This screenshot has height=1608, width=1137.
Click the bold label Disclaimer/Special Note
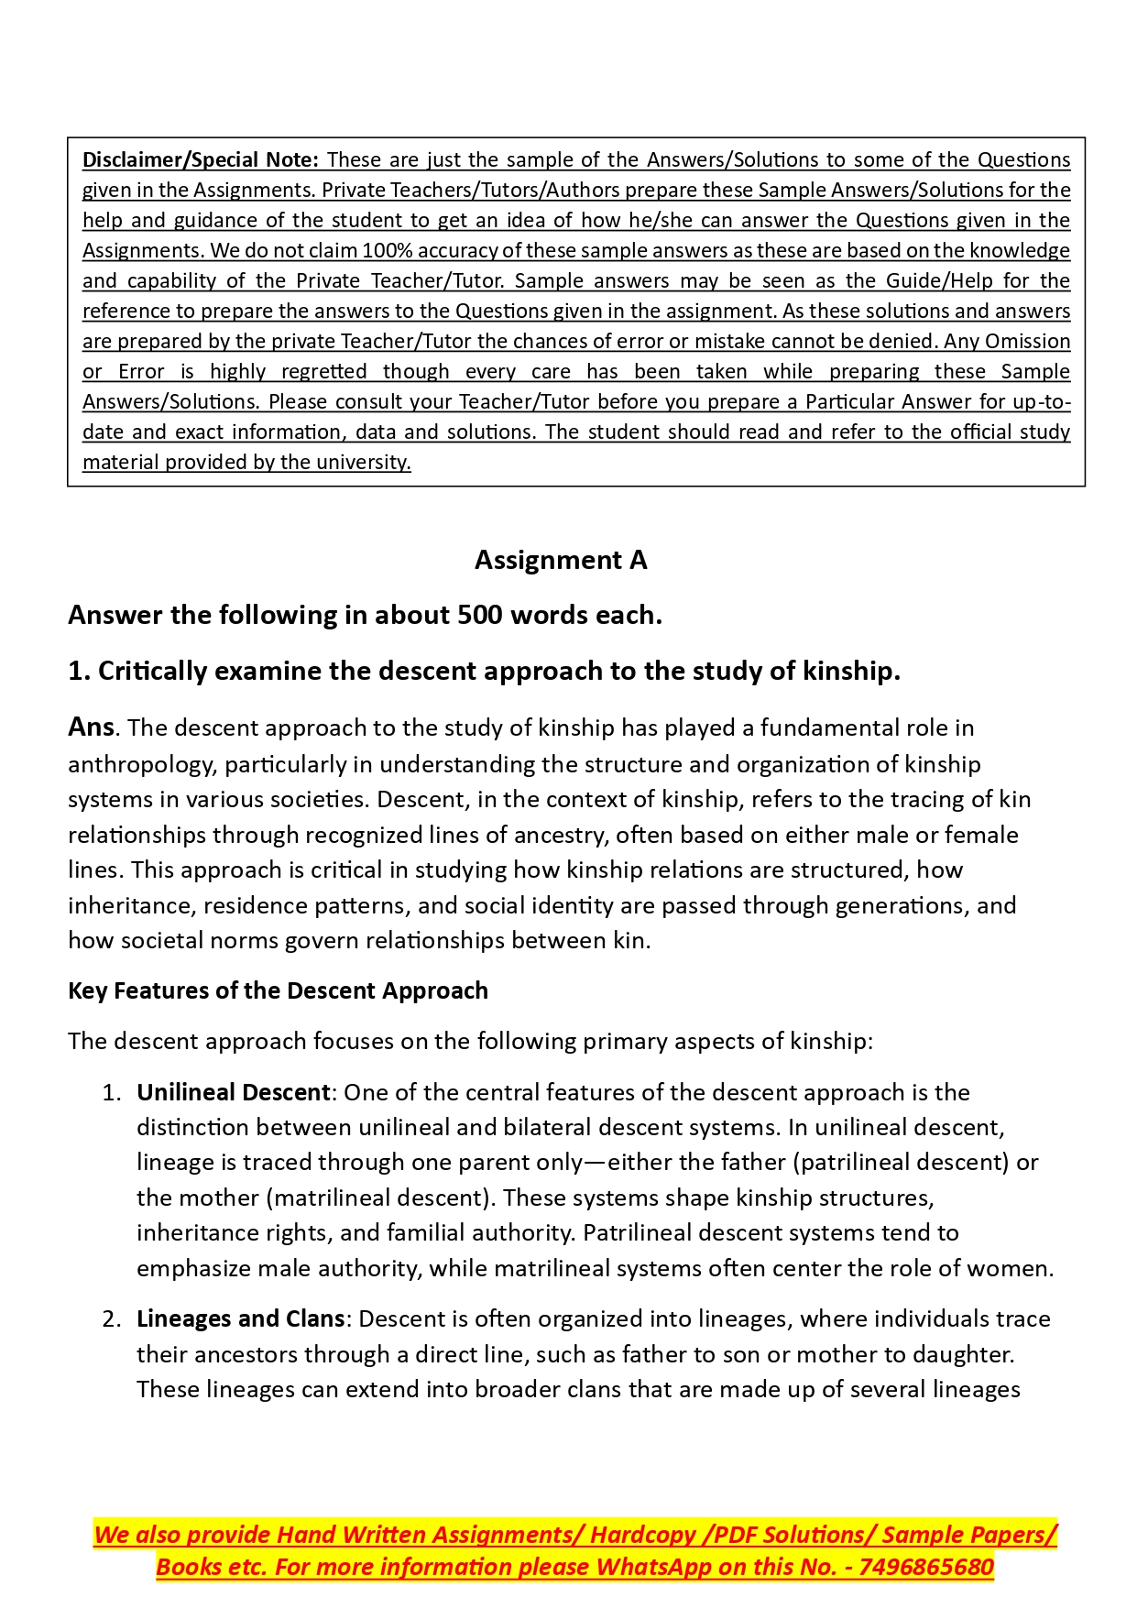[200, 159]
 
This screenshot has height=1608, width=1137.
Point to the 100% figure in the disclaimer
[389, 250]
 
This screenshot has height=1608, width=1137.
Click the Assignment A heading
[561, 560]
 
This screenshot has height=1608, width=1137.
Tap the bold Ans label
[91, 727]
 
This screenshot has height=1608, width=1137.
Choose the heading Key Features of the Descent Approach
[278, 990]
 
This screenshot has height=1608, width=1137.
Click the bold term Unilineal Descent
[233, 1092]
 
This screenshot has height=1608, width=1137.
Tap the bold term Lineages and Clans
[240, 1318]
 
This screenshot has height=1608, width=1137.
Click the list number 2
[111, 1318]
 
